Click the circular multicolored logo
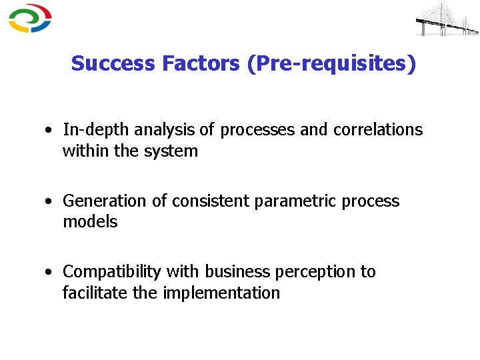30,18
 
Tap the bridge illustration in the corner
447,19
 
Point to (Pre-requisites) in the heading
331,64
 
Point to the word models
90,222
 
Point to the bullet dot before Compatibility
50,272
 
